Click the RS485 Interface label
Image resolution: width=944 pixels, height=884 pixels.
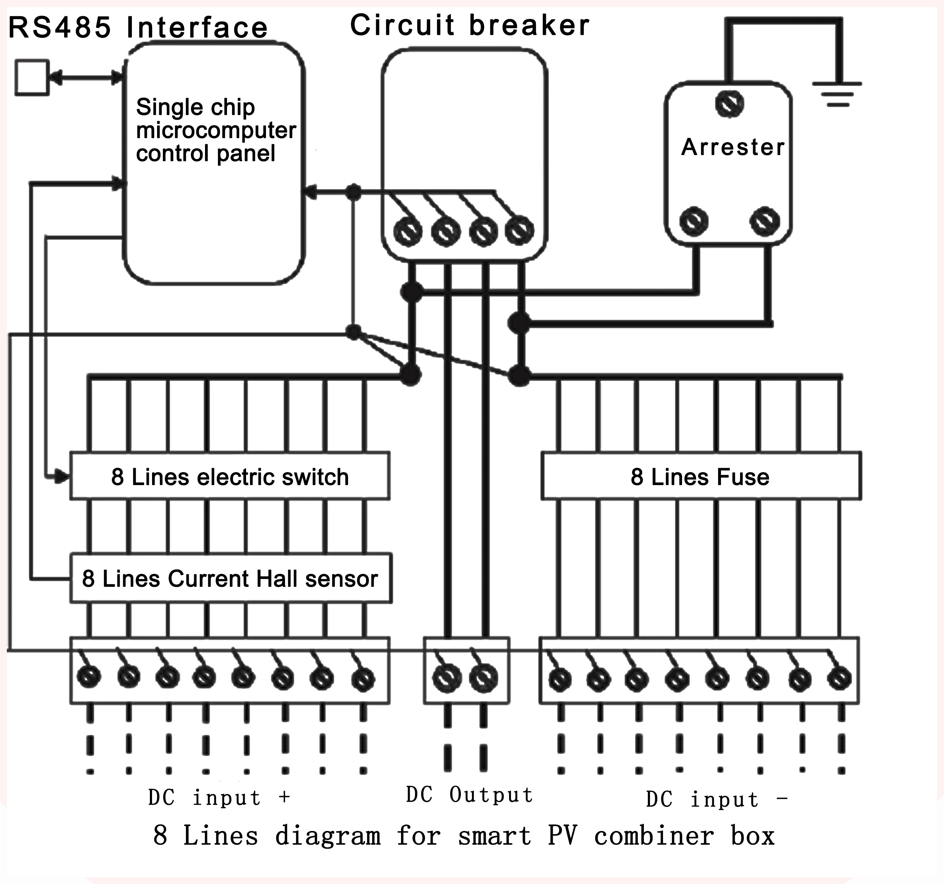(138, 27)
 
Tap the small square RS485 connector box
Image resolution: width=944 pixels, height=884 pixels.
(32, 78)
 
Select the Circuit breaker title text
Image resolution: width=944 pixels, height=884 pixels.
(469, 25)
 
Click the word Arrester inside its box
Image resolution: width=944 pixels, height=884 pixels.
(733, 147)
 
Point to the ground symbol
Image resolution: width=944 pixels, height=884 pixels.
(837, 94)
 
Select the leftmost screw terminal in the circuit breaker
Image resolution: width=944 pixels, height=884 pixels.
(408, 232)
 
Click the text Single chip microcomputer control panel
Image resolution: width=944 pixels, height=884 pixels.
(215, 130)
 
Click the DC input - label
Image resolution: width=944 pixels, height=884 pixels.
(717, 799)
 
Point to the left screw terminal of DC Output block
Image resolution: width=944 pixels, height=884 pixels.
(447, 678)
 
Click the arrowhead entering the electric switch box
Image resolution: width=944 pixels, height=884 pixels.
(62, 476)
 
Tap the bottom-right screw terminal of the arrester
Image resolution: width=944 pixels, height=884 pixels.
(765, 221)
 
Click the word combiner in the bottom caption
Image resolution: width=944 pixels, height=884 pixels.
(654, 836)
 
